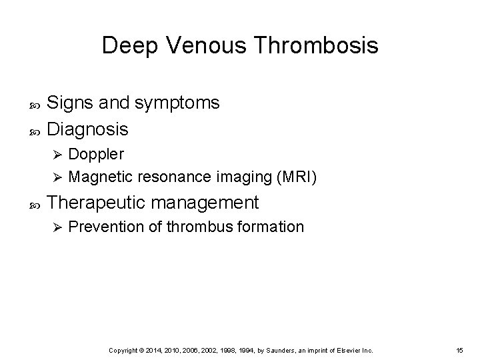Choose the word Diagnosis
click(x=89, y=127)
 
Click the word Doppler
click(x=96, y=154)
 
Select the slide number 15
click(x=460, y=350)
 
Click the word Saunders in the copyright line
click(x=279, y=350)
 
